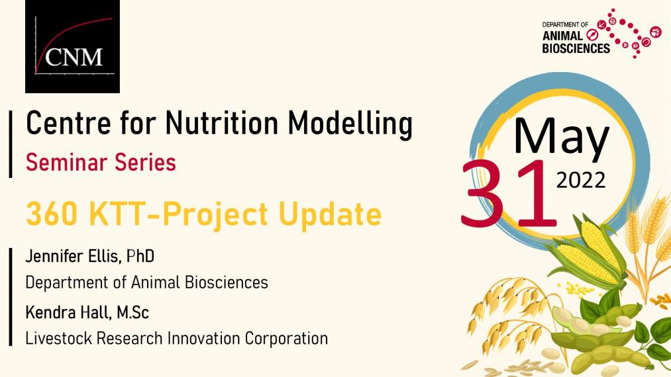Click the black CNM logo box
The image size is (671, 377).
pyautogui.click(x=72, y=46)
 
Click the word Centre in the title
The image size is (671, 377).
pyautogui.click(x=69, y=123)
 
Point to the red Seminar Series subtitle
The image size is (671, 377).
pyautogui.click(x=101, y=163)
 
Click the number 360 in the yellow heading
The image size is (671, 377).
pyautogui.click(x=52, y=214)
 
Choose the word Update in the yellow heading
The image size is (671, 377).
pyautogui.click(x=329, y=215)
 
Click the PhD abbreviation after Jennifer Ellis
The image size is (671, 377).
pyautogui.click(x=140, y=257)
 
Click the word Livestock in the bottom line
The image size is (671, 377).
pyautogui.click(x=59, y=339)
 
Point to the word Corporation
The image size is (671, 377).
pyautogui.click(x=286, y=339)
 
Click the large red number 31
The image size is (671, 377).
pyautogui.click(x=509, y=193)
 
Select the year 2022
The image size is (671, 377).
pyautogui.click(x=581, y=180)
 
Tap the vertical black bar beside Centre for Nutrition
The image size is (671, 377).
pyautogui.click(x=11, y=144)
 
